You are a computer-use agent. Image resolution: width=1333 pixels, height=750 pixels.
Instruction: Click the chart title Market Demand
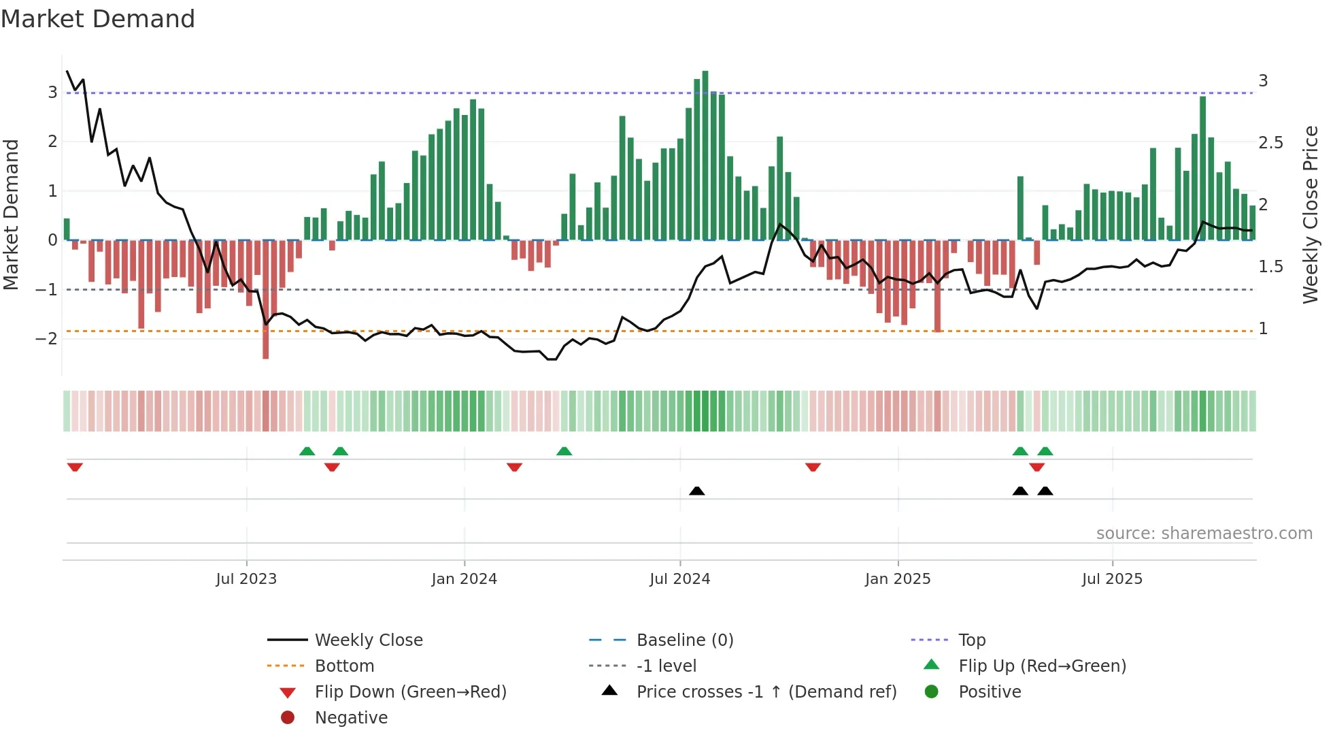(98, 19)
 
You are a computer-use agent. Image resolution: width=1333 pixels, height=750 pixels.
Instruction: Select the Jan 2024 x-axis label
(464, 579)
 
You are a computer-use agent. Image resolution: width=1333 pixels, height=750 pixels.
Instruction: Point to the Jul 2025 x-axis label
(1112, 579)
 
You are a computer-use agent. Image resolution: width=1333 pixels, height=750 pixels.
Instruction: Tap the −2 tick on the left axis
(47, 339)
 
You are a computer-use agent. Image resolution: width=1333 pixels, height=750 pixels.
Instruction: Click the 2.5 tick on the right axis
(1270, 143)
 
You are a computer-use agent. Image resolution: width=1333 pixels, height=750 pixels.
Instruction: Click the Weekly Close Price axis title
(1310, 214)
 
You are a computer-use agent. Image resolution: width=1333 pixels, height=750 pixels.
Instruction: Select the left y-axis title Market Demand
(11, 214)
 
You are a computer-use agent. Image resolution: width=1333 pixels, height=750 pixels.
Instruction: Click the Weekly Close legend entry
(368, 640)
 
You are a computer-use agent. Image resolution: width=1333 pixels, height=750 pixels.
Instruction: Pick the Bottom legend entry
(344, 666)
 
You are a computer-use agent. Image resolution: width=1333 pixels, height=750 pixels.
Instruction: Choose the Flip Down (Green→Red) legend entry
(410, 692)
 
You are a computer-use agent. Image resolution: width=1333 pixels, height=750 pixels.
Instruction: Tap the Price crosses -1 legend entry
(766, 692)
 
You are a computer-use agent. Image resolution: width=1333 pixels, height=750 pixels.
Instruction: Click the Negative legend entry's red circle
(288, 718)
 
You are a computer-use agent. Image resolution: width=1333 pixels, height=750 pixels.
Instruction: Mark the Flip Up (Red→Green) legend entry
(1042, 666)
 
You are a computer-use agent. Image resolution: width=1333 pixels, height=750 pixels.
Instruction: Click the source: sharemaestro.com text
(1204, 534)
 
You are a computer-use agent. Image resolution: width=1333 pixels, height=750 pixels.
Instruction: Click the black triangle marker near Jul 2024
(696, 491)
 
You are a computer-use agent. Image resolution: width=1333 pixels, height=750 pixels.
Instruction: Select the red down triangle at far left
(75, 467)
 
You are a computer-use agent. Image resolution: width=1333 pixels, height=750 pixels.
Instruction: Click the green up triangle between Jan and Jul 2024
(564, 451)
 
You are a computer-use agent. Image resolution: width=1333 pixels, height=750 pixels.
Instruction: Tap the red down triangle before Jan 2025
(813, 467)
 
